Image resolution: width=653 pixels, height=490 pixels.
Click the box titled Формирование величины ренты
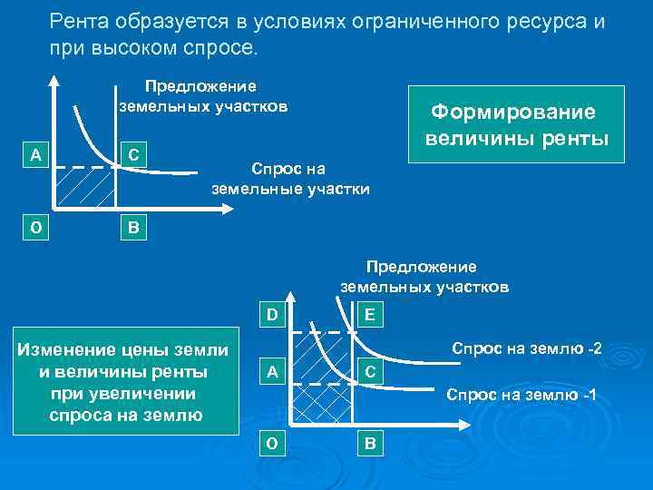pyautogui.click(x=517, y=124)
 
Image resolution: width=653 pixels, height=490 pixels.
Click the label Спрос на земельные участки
pyautogui.click(x=290, y=180)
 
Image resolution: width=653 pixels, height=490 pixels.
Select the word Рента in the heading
pyautogui.click(x=79, y=21)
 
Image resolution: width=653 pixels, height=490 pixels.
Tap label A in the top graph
pyautogui.click(x=35, y=155)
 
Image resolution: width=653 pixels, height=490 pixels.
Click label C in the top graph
pyautogui.click(x=133, y=155)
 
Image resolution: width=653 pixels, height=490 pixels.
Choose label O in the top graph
pyautogui.click(x=35, y=228)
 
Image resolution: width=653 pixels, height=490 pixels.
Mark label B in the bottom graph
pyautogui.click(x=370, y=444)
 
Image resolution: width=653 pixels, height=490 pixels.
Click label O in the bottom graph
pyautogui.click(x=271, y=444)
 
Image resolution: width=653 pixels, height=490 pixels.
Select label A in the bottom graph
pyautogui.click(x=271, y=371)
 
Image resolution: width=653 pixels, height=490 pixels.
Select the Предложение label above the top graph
pyautogui.click(x=201, y=86)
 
